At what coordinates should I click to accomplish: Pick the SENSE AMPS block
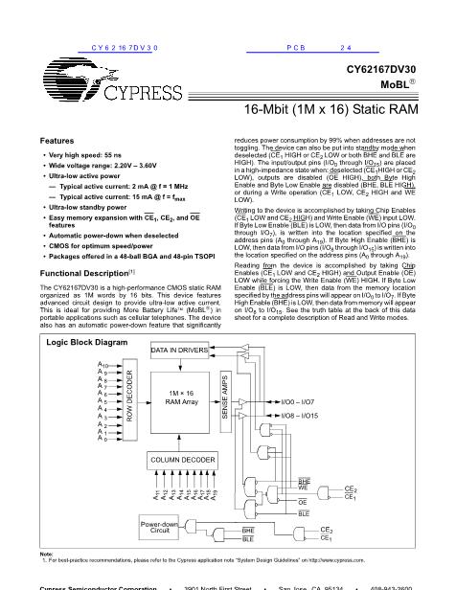225,397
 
